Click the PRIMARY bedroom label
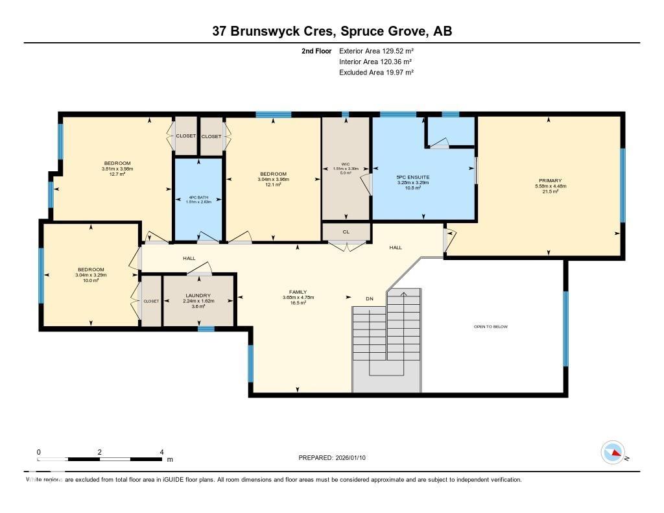pos(549,181)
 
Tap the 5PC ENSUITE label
pos(413,177)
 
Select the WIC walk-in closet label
pos(346,164)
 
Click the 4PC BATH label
pos(198,197)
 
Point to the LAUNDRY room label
pos(198,296)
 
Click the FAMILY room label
pos(298,292)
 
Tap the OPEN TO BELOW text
pos(490,327)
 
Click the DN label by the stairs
pos(370,299)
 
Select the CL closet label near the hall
pos(346,231)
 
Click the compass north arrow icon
pos(613,452)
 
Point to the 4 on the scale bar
pos(161,452)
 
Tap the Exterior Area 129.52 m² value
pos(376,51)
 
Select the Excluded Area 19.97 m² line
pos(376,73)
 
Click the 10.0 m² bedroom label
pos(91,280)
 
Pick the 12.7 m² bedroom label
pos(117,174)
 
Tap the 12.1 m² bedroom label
pos(273,185)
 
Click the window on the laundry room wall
pos(206,329)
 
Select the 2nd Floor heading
pos(316,51)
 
